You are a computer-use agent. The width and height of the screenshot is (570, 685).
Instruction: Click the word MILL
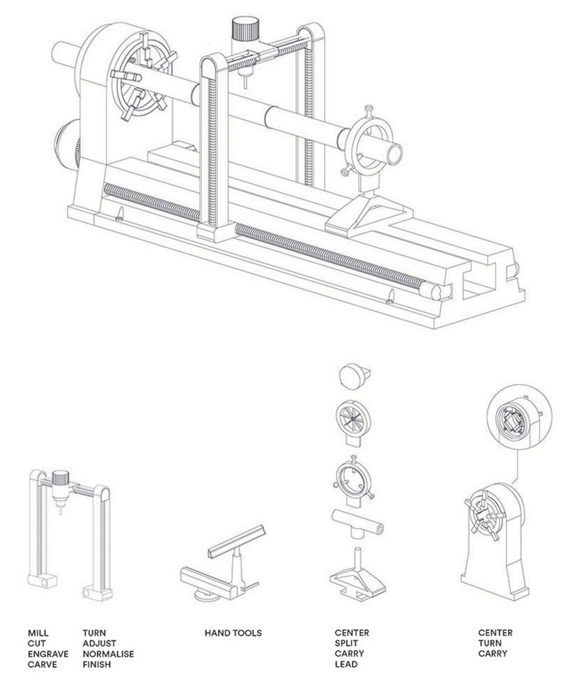tap(38, 633)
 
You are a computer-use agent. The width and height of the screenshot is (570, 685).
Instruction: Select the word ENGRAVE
tap(48, 654)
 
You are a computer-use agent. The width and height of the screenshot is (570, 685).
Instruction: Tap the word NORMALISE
tap(108, 654)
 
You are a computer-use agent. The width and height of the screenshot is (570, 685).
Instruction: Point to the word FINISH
tap(96, 665)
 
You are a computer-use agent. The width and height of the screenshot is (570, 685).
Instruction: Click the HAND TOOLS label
tap(233, 633)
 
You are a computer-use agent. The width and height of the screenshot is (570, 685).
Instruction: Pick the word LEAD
tap(346, 665)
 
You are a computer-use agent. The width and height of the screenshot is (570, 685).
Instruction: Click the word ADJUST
tap(99, 643)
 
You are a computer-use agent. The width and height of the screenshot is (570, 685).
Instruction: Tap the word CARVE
tap(43, 665)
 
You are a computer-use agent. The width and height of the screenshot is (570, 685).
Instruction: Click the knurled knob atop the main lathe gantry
tap(245, 31)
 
